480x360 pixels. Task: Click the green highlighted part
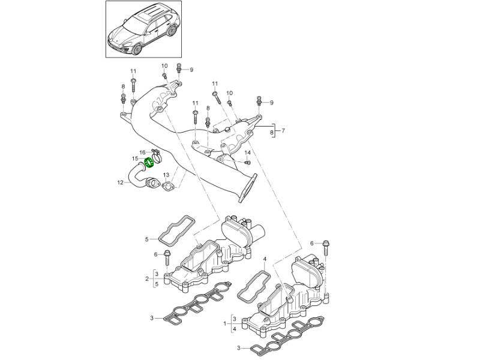152,161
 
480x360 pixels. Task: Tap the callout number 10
164,65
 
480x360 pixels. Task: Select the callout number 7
283,130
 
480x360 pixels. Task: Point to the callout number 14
248,153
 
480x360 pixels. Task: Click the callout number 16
142,152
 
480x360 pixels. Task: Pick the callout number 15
136,159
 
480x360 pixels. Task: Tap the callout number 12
120,183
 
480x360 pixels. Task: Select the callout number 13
166,175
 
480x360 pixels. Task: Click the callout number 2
146,279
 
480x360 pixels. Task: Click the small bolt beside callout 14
248,162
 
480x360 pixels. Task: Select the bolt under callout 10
164,76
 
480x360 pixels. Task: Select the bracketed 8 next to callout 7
272,130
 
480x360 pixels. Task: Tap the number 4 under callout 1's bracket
235,329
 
